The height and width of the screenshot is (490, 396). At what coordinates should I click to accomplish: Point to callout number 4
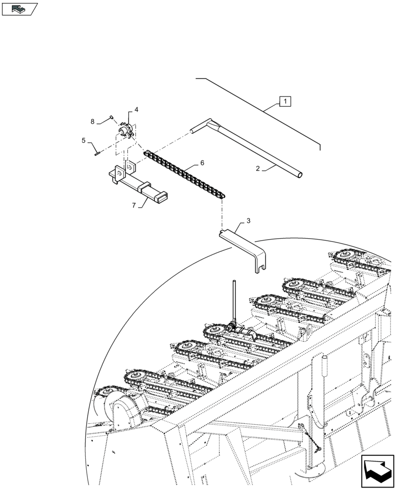click(136, 110)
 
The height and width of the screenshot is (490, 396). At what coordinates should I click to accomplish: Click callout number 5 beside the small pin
click(83, 141)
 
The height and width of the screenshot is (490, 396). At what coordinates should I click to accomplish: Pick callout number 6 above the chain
click(201, 163)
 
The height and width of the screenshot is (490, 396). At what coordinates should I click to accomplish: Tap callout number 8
click(92, 121)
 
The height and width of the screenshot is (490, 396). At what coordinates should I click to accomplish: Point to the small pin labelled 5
click(96, 152)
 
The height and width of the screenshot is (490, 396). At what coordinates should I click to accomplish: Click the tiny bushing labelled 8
click(111, 117)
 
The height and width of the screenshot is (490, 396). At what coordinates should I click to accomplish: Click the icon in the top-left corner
click(19, 8)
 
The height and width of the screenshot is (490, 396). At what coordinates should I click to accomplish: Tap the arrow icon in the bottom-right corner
click(377, 471)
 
